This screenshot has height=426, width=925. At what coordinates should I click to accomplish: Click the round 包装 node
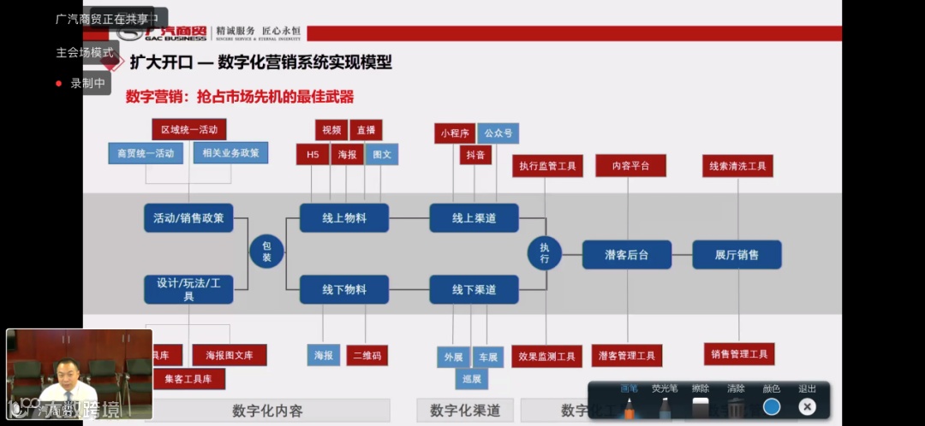pos(266,252)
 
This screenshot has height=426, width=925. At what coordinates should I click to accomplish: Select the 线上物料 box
pos(344,218)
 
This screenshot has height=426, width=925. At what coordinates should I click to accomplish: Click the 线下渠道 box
pos(474,290)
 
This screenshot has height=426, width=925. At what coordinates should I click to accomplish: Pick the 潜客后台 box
pos(626,254)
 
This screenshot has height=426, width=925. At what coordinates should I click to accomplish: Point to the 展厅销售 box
pos(737,254)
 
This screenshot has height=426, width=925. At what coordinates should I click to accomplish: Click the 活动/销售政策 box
pos(188,218)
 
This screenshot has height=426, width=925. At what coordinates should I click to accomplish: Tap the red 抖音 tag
pos(475,155)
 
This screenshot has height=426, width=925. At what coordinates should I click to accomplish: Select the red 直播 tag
pos(366,130)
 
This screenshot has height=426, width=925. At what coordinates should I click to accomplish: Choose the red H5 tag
pos(313,155)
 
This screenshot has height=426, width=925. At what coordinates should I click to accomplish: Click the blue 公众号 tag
pos(498,133)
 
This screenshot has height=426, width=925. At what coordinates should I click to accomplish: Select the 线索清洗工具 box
pos(737,166)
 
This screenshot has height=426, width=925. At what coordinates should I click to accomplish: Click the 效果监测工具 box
pos(546,356)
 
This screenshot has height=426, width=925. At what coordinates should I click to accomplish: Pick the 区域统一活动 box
pos(189,130)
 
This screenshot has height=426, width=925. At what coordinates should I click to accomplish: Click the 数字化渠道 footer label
pos(465,411)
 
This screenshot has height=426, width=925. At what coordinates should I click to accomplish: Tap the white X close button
pos(807,407)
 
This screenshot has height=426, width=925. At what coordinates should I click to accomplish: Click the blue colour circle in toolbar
pos(772,407)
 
